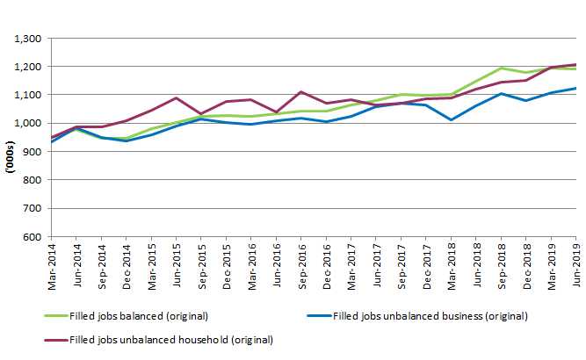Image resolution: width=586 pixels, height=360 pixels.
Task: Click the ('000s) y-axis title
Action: pos(9,138)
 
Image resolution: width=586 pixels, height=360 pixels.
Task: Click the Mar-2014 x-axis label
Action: pos(52,263)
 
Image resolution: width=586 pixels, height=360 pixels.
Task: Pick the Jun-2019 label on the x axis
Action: pos(576,263)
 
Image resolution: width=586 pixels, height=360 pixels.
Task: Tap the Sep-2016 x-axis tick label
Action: pos(302,263)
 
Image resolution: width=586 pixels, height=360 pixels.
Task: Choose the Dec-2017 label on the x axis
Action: pos(427,263)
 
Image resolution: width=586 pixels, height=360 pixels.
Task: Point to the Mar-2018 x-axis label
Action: pos(452,263)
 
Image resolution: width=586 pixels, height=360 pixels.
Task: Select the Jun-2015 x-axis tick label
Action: pos(177,263)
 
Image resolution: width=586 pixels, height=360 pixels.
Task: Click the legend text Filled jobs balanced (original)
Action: pos(137,315)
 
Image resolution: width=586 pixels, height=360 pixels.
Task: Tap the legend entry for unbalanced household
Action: pos(170,339)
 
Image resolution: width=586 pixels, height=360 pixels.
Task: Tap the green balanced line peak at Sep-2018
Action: pos(501,68)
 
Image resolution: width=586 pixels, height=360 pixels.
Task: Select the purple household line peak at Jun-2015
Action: pos(177,97)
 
